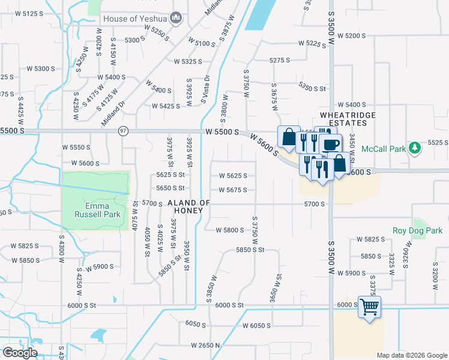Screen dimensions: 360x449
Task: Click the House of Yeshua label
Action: [135, 19]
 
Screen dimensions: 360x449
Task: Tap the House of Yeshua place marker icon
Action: [175, 18]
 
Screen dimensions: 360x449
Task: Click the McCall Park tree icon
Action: [414, 148]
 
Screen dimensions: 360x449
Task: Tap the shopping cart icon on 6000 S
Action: [370, 307]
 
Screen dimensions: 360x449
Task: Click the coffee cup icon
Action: [330, 144]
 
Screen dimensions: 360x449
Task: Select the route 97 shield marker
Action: [123, 131]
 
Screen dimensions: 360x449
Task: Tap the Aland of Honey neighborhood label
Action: [189, 206]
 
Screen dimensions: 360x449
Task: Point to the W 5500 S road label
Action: [222, 131]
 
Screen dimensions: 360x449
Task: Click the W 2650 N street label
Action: [206, 346]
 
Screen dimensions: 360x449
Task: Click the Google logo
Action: [20, 352]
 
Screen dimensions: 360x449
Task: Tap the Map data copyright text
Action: [411, 355]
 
